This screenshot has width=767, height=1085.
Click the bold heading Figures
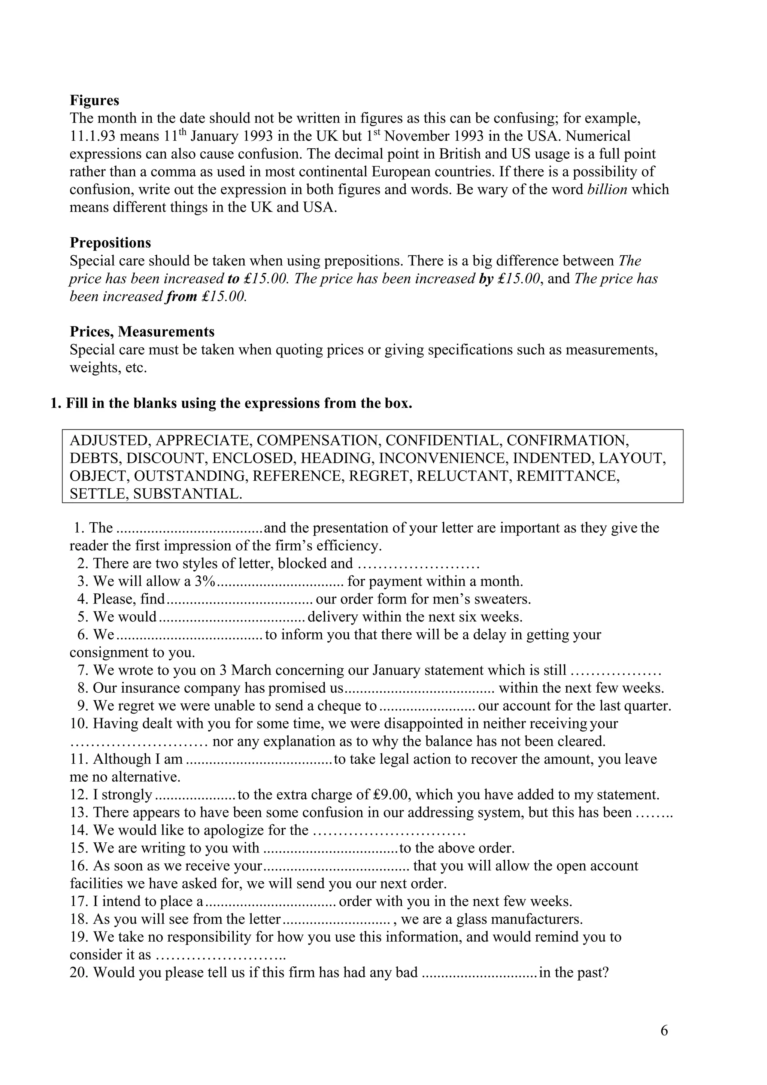pyautogui.click(x=94, y=100)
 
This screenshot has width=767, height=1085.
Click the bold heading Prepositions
pyautogui.click(x=110, y=243)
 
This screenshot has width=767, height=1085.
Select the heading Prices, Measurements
pyautogui.click(x=142, y=332)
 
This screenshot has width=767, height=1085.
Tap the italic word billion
pyautogui.click(x=607, y=189)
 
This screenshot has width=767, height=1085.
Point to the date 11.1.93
pyautogui.click(x=90, y=136)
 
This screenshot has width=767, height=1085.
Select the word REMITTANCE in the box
pyautogui.click(x=567, y=476)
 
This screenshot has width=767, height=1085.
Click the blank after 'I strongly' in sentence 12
pyautogui.click(x=195, y=795)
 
